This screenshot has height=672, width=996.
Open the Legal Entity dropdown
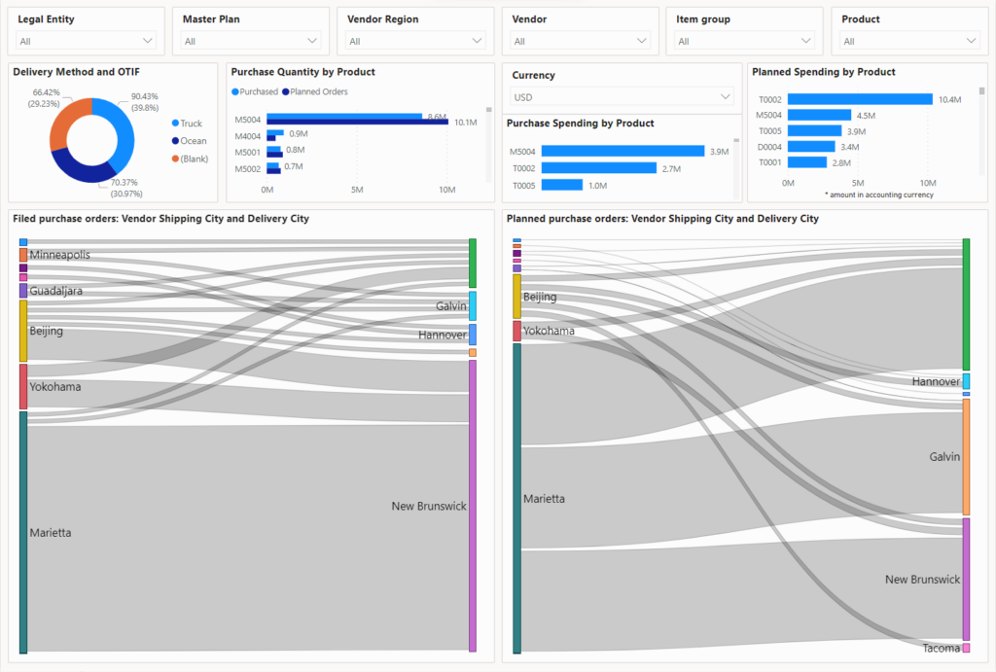(x=86, y=41)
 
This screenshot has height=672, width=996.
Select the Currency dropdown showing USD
(x=622, y=97)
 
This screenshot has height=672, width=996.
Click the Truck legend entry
(x=191, y=124)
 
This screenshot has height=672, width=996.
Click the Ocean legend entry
(x=193, y=141)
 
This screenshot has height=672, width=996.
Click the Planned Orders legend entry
(x=319, y=91)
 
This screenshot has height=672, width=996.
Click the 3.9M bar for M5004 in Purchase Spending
(x=622, y=152)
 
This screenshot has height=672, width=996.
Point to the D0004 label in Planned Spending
(x=768, y=147)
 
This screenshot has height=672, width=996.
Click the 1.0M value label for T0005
(x=597, y=185)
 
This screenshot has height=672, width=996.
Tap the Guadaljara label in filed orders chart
(x=55, y=291)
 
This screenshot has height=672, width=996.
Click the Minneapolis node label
(x=59, y=255)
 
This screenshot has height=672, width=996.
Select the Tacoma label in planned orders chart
(x=941, y=648)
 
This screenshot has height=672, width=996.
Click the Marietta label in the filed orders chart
(x=51, y=533)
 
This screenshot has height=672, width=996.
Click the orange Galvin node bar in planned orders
(x=966, y=456)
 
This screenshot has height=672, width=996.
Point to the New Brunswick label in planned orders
(x=922, y=580)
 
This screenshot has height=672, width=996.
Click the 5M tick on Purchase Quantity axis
(x=356, y=189)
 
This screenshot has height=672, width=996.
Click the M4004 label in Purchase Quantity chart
(x=247, y=136)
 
